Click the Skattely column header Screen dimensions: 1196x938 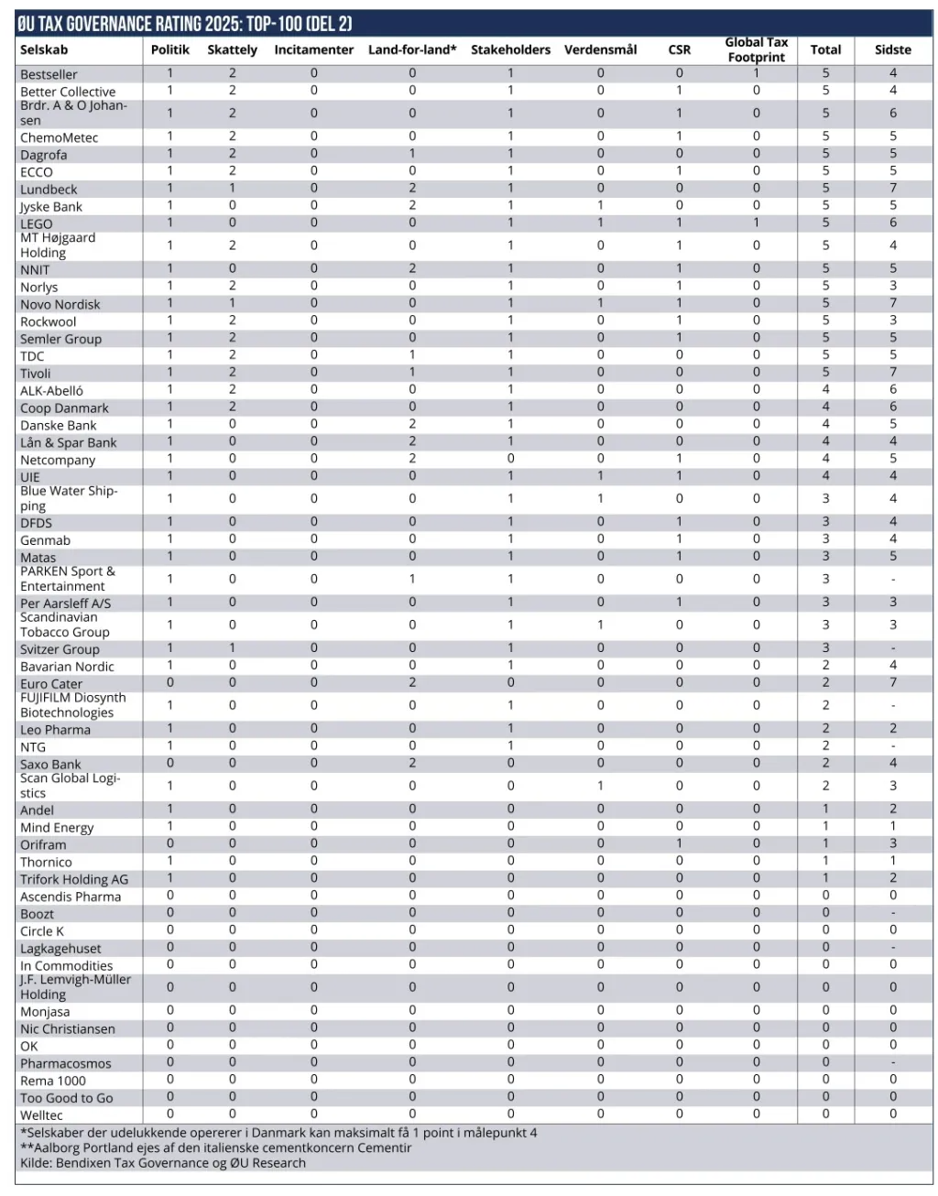[x=232, y=49]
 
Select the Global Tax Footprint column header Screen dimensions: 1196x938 [x=756, y=49]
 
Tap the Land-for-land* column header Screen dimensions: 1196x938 [x=412, y=49]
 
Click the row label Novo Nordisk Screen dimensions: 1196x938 [x=60, y=304]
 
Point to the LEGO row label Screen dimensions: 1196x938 [x=37, y=223]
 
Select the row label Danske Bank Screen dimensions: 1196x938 [x=59, y=425]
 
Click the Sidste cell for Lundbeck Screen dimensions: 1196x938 [x=892, y=188]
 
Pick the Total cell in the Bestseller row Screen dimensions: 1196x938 [x=825, y=73]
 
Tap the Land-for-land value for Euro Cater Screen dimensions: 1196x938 [x=412, y=682]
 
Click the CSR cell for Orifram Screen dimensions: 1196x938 [x=679, y=843]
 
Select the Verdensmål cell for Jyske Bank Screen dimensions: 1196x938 [x=600, y=206]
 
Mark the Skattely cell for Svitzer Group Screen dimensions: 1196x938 [x=232, y=648]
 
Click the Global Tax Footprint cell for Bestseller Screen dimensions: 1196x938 [x=756, y=73]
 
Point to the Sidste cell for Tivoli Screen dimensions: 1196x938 [x=892, y=373]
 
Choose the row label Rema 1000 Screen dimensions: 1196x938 [x=53, y=1081]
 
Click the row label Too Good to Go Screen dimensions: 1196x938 [x=67, y=1098]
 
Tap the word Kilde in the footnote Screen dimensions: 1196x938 [x=36, y=1163]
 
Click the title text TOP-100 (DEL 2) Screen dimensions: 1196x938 [x=300, y=24]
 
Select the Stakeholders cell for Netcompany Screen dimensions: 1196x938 [x=510, y=459]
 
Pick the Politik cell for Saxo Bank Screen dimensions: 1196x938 [x=169, y=763]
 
